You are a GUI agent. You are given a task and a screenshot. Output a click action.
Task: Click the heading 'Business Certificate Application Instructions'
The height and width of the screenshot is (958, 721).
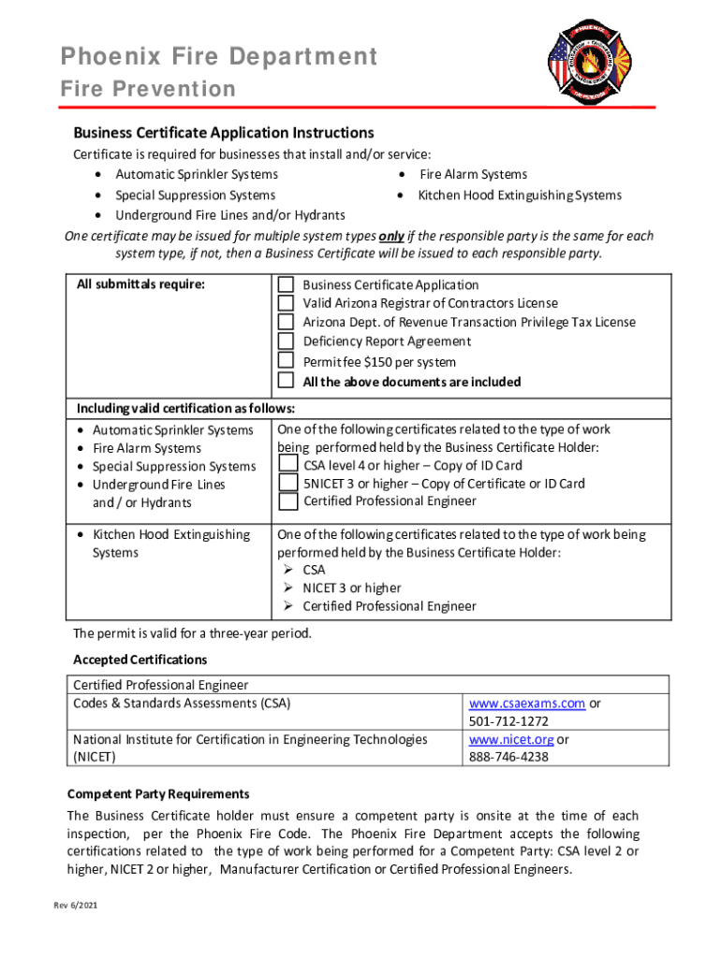click(x=224, y=133)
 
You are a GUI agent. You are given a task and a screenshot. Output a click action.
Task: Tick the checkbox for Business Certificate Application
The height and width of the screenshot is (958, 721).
click(x=287, y=284)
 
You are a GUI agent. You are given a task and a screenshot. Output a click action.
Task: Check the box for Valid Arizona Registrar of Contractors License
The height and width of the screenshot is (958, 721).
click(x=287, y=303)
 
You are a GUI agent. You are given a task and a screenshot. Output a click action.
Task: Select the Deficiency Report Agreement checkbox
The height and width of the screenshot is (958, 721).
click(x=287, y=341)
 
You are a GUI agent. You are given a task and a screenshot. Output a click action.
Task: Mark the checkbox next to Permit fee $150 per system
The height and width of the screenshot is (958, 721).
click(x=287, y=361)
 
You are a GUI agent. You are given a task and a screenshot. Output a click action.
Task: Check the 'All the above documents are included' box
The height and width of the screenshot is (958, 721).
click(x=287, y=381)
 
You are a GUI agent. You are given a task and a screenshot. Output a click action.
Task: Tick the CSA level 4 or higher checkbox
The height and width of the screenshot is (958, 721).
click(x=288, y=465)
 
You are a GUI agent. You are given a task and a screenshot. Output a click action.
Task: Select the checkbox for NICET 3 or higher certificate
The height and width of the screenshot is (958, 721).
click(x=288, y=483)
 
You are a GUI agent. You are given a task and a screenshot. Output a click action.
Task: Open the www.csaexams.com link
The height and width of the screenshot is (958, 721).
click(x=527, y=704)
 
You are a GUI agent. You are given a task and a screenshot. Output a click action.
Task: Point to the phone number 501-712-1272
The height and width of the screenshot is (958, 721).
click(x=508, y=721)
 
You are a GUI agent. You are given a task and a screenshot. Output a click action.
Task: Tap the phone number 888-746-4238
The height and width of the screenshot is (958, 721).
click(x=508, y=757)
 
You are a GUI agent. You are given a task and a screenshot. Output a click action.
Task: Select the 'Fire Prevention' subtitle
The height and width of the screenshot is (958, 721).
click(x=148, y=90)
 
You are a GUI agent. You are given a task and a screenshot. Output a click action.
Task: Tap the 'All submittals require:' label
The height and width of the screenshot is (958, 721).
click(x=140, y=284)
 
